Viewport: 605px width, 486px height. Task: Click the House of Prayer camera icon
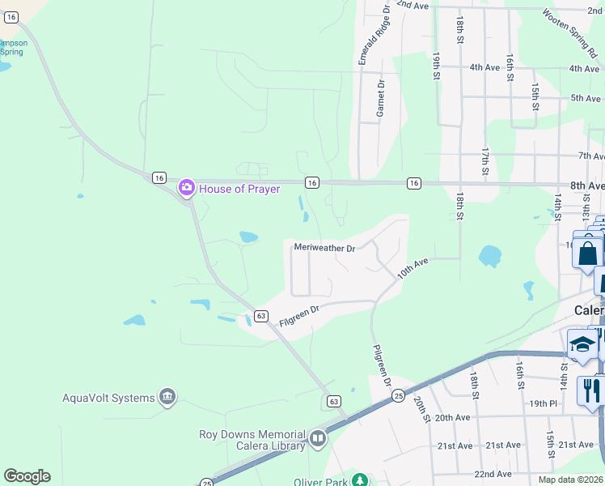click(187, 189)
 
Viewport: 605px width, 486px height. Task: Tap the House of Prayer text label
click(240, 189)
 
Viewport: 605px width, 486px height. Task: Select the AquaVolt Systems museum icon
click(167, 397)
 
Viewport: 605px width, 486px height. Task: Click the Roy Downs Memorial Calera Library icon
click(318, 439)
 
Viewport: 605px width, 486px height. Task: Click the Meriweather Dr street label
click(324, 248)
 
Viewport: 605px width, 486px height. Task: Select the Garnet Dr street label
click(379, 98)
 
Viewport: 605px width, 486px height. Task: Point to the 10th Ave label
click(412, 269)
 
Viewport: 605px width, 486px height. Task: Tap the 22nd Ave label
click(493, 474)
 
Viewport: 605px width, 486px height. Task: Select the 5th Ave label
click(585, 98)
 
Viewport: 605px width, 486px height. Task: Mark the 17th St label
click(485, 161)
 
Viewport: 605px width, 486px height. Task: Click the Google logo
click(27, 476)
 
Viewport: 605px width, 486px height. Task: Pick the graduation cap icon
click(582, 345)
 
